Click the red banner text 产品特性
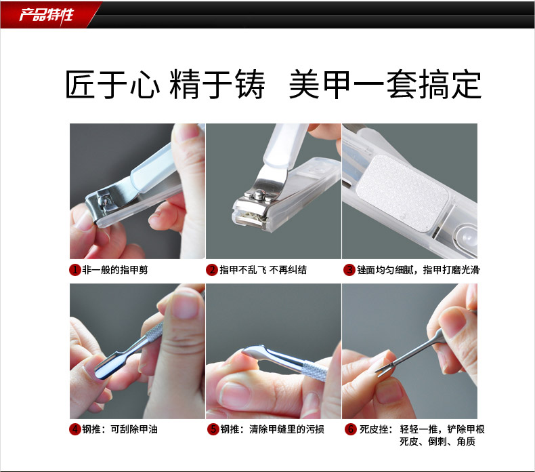46,15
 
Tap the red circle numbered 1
74,270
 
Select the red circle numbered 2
212,270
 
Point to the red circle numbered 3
349,270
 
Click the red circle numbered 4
75,429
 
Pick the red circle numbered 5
213,429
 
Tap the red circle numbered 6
350,429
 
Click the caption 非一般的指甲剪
115,270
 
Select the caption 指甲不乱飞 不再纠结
263,270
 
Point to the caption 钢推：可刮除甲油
120,429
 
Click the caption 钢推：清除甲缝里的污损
272,429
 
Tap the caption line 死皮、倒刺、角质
437,441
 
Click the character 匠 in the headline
80,84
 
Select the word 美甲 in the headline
320,84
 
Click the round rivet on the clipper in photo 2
259,195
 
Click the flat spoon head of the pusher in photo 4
108,366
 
